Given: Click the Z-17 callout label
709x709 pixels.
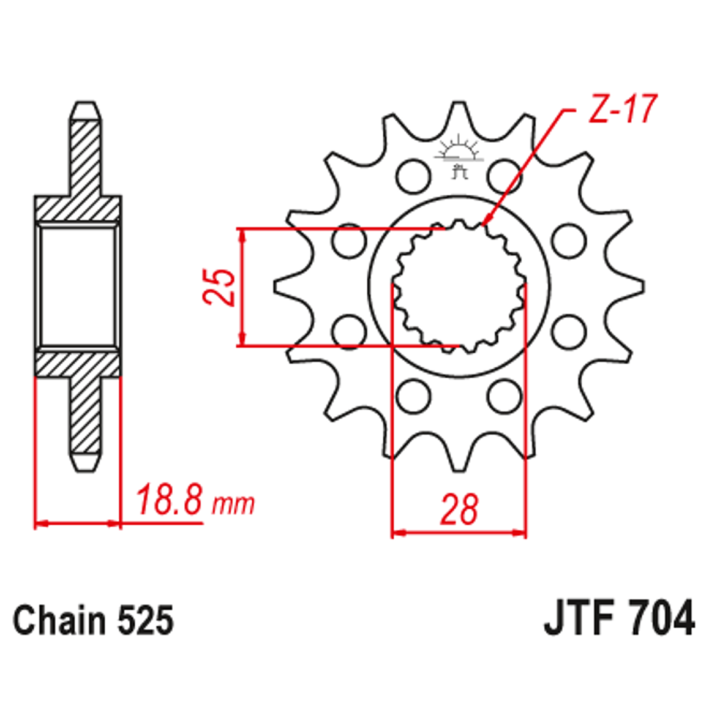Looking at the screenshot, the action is click(x=622, y=109).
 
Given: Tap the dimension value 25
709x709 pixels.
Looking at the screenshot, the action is click(x=219, y=288).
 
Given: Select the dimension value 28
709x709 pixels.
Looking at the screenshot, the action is click(x=459, y=509).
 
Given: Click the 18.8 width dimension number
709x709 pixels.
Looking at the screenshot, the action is click(x=169, y=500).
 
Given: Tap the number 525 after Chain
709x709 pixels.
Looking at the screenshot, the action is click(x=146, y=620).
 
